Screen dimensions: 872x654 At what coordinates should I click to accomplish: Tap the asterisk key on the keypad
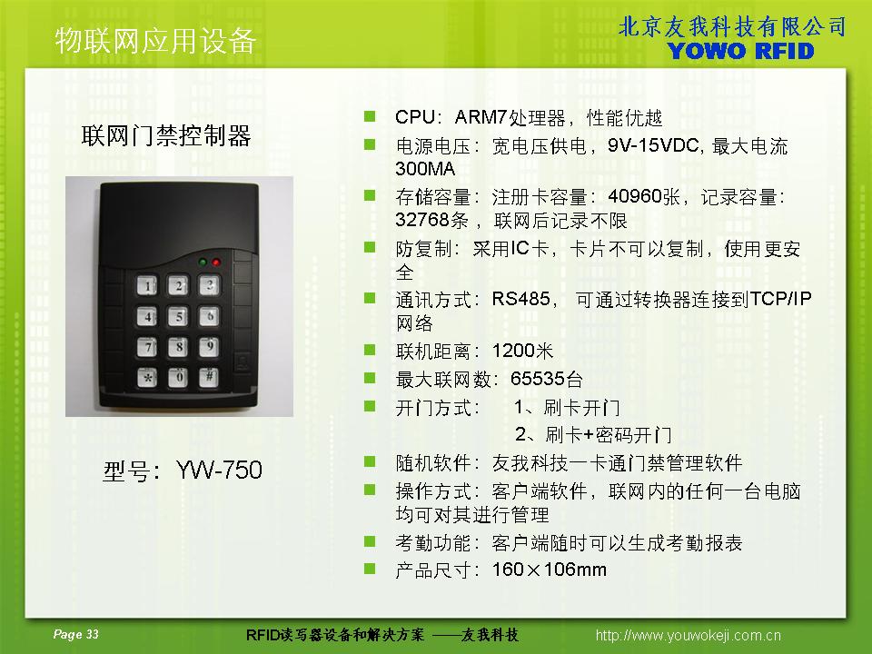click(x=147, y=378)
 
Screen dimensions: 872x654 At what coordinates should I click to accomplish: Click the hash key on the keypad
click(x=209, y=377)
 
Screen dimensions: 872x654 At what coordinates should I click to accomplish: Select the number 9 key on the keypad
click(x=209, y=346)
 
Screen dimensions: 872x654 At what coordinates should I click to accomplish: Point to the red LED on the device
click(x=216, y=262)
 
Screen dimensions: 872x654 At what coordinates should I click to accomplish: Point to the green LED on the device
click(x=203, y=262)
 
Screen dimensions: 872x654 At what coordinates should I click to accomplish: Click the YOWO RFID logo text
click(x=741, y=51)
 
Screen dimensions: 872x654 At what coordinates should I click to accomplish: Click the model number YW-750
click(x=219, y=470)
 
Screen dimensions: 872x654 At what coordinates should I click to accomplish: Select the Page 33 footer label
click(x=75, y=634)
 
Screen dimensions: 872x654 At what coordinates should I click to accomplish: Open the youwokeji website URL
click(x=688, y=635)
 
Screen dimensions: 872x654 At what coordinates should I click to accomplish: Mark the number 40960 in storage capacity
click(x=635, y=196)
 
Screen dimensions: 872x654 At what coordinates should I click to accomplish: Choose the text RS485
click(x=520, y=299)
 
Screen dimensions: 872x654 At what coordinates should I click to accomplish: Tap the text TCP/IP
click(x=781, y=299)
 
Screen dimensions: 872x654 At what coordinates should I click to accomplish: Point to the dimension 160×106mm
click(x=549, y=569)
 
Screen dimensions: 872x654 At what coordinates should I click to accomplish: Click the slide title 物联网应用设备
click(x=155, y=41)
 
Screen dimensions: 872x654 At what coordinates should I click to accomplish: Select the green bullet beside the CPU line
click(x=370, y=116)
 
